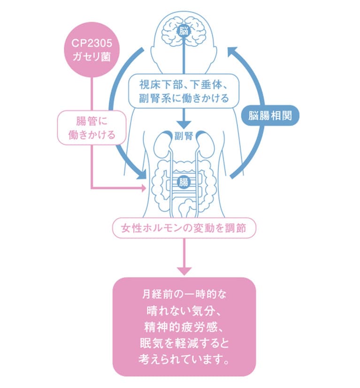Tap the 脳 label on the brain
(184, 31)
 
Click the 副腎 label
(184, 137)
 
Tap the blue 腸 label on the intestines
(184, 182)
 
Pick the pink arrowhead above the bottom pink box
(184, 271)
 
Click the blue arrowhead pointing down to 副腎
(184, 124)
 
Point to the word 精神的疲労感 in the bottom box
(184, 326)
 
